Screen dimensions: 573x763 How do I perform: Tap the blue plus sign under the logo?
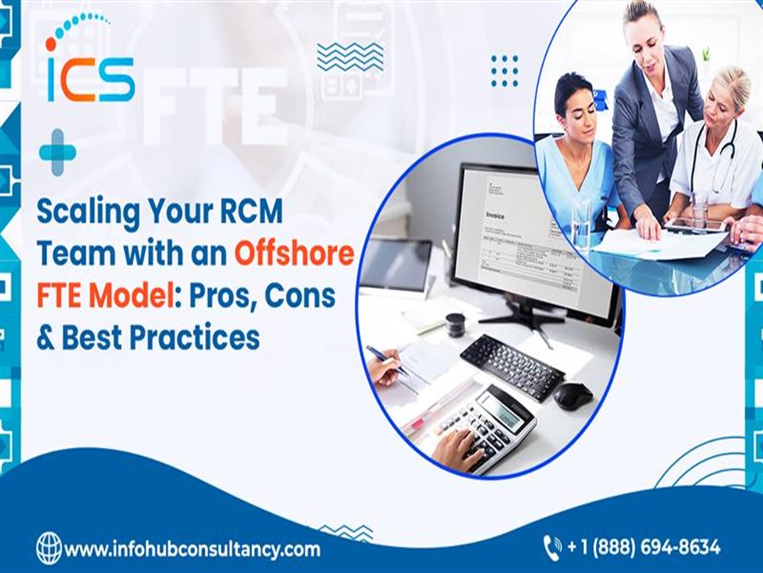(x=57, y=151)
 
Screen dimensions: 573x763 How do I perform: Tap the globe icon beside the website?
(x=48, y=548)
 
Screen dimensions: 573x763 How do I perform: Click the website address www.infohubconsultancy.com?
(x=192, y=549)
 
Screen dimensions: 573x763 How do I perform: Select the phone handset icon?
(x=552, y=548)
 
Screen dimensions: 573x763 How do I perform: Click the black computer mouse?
(x=573, y=396)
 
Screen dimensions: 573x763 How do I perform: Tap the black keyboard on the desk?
(x=512, y=365)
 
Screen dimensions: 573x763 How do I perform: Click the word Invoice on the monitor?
(x=494, y=215)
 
